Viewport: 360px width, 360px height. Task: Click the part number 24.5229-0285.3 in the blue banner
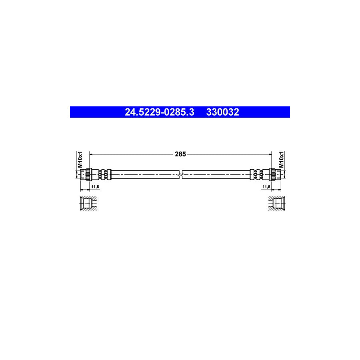(x=160, y=112)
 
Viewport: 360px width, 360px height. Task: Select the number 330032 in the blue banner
(x=222, y=112)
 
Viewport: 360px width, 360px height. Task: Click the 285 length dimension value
(x=180, y=153)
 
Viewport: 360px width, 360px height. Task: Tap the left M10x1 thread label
(x=80, y=159)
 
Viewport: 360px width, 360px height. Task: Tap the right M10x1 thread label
(x=281, y=159)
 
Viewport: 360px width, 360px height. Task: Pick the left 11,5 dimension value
(x=94, y=187)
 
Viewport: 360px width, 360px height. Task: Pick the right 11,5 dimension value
(x=266, y=187)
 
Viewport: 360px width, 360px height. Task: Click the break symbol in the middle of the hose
(x=181, y=174)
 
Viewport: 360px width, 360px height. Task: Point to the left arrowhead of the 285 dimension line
(x=91, y=153)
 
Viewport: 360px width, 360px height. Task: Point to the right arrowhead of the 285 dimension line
(x=270, y=153)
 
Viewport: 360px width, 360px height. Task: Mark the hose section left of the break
(x=144, y=174)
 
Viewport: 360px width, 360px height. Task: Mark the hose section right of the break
(x=216, y=174)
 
